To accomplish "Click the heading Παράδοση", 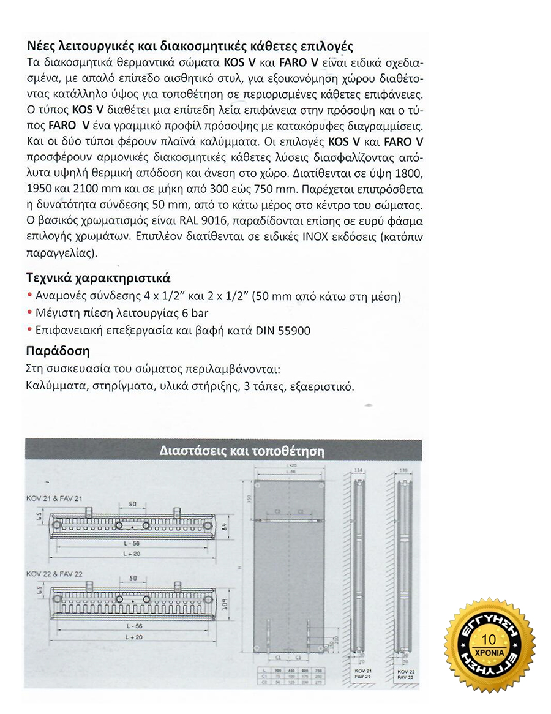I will [x=59, y=351].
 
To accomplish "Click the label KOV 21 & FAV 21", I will [x=54, y=497].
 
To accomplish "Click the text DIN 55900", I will [x=285, y=331].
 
